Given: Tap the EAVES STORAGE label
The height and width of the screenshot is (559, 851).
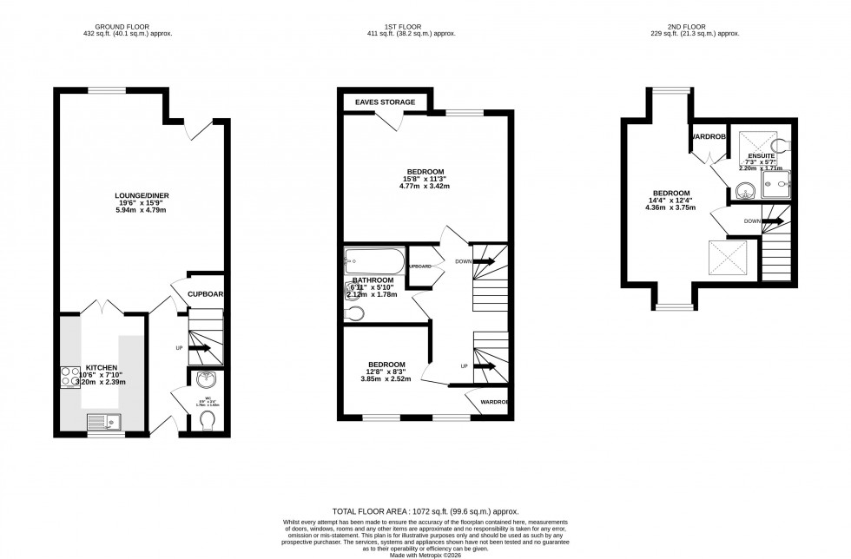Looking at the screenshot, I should pos(385,102).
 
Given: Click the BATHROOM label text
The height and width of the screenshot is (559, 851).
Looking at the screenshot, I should pos(373,280).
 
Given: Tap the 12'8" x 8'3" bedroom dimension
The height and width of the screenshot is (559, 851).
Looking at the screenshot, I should pos(386,372).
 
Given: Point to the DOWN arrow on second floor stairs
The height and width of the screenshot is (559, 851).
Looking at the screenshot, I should pos(769,221).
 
